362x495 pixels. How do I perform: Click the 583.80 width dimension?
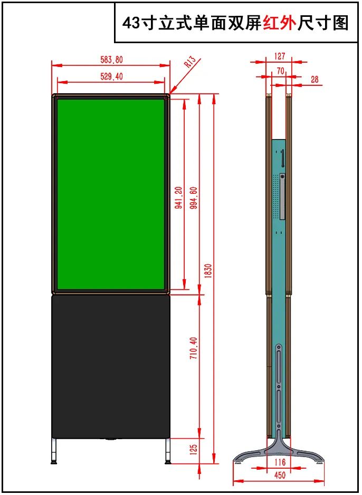111,60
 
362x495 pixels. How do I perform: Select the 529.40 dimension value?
111,76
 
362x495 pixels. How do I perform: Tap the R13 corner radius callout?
190,62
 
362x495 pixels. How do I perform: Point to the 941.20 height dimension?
178,197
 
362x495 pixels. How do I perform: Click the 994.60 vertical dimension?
194,197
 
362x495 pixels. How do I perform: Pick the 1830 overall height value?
208,271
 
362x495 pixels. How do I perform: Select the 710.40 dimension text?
194,348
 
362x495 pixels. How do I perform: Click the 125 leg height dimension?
194,450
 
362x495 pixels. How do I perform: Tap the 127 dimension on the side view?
280,56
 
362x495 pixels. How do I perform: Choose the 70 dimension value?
280,71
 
